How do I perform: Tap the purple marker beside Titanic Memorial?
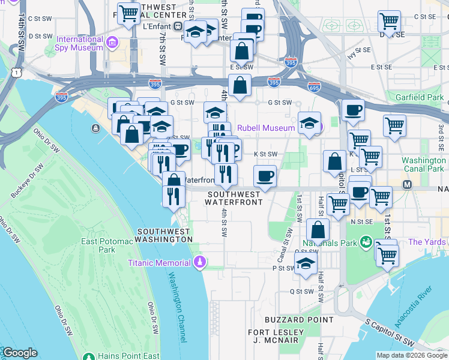click(x=200, y=263)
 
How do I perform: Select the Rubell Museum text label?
click(x=266, y=127)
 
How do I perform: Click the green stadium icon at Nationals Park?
click(x=364, y=242)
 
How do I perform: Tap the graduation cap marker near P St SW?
click(x=306, y=263)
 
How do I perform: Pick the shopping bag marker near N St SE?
click(x=318, y=229)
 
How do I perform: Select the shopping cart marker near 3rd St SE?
click(x=394, y=126)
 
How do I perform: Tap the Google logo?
click(x=20, y=353)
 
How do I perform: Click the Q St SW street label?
click(x=302, y=292)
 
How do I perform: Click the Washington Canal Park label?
click(x=423, y=165)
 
